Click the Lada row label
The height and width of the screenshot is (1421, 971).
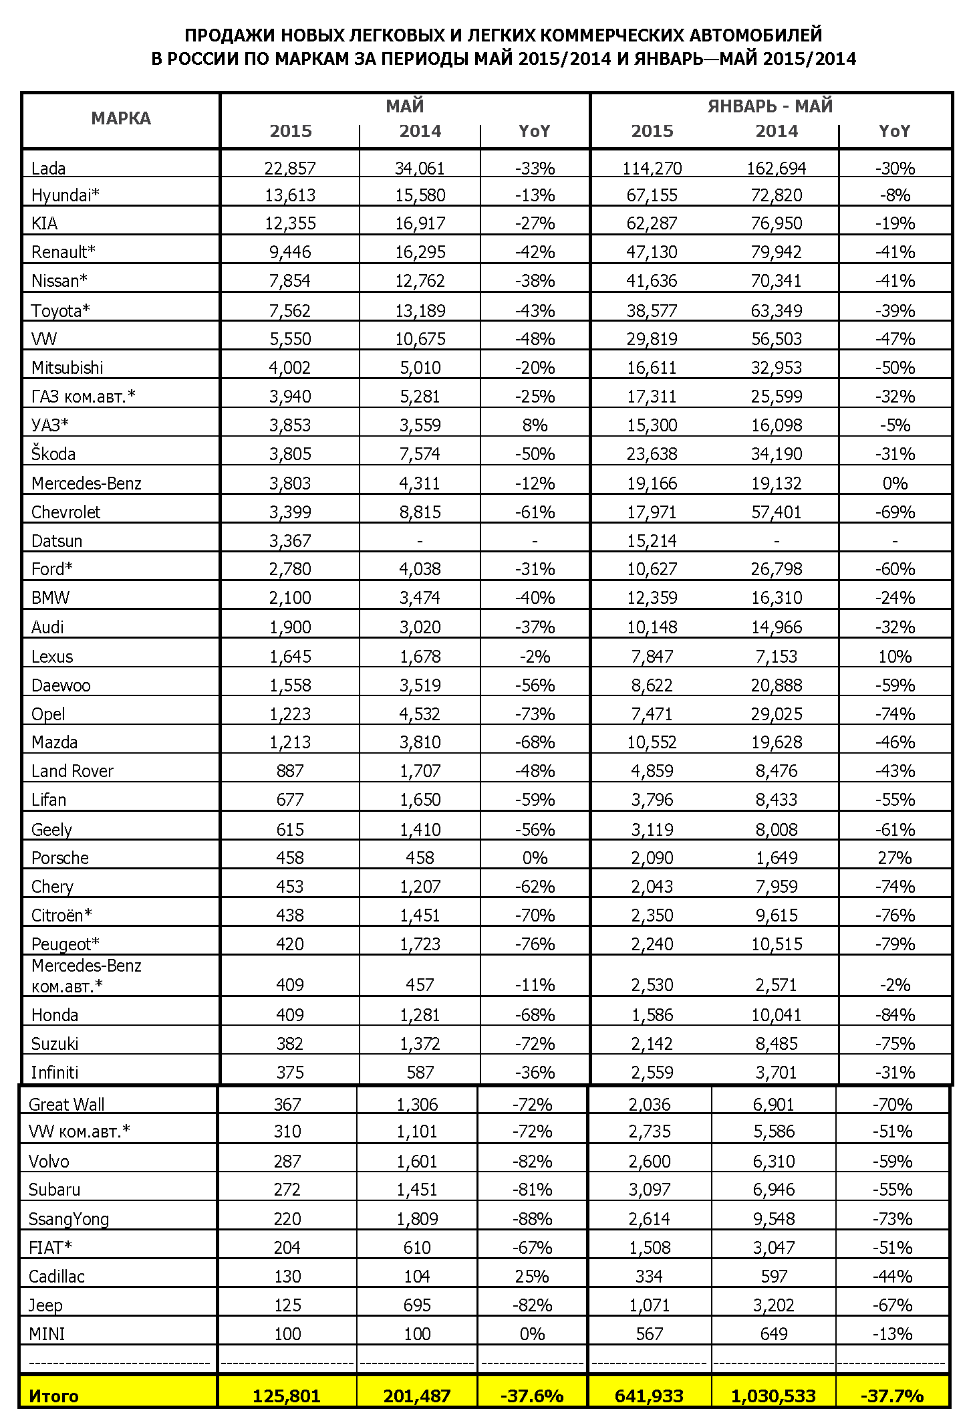[x=48, y=168]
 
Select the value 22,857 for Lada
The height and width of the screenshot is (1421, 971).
[x=290, y=168]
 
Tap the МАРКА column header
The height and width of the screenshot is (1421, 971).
[x=121, y=119]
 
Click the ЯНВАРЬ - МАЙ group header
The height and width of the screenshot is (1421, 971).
[x=770, y=106]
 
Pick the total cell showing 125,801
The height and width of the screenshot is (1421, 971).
[x=287, y=1396]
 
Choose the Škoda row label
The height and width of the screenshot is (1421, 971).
[x=53, y=454]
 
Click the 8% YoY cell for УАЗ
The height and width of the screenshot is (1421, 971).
[x=535, y=425]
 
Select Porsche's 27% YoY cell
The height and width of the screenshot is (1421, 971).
[x=895, y=858]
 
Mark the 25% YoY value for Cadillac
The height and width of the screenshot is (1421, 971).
[x=532, y=1276]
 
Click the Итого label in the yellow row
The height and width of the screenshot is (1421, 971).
[x=53, y=1396]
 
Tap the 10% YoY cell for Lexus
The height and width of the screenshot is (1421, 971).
[x=895, y=657]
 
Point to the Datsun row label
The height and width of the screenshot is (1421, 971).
[x=57, y=540]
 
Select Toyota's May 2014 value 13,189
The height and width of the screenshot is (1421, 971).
[x=420, y=311]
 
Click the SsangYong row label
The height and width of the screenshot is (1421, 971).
[x=69, y=1218]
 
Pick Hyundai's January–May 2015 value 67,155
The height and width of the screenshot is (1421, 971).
[x=652, y=195]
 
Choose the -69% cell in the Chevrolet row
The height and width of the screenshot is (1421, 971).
[x=895, y=512]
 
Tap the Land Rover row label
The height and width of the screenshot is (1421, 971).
[x=72, y=771]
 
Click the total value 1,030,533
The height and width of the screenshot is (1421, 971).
[x=773, y=1396]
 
